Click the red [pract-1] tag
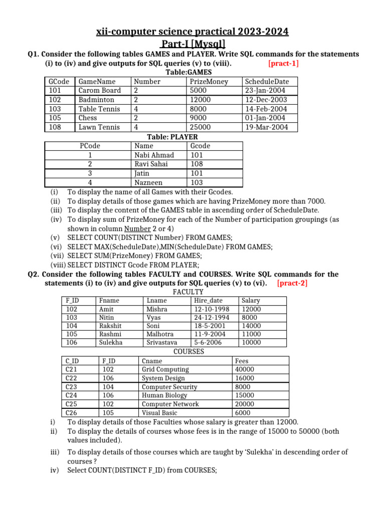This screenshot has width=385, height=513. [x=283, y=63]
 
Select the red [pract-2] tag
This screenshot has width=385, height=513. [x=292, y=283]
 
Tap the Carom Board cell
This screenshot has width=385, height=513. [x=100, y=90]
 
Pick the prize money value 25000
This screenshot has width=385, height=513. [x=201, y=127]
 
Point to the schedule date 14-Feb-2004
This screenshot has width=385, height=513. [x=266, y=109]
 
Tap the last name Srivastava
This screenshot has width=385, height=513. [x=163, y=343]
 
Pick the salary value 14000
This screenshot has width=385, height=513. [x=251, y=326]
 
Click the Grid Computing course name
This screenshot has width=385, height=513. [x=165, y=369]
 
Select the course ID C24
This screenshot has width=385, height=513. [x=72, y=395]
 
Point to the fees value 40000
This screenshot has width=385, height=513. [x=245, y=369]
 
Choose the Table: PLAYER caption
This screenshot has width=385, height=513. [x=172, y=136]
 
